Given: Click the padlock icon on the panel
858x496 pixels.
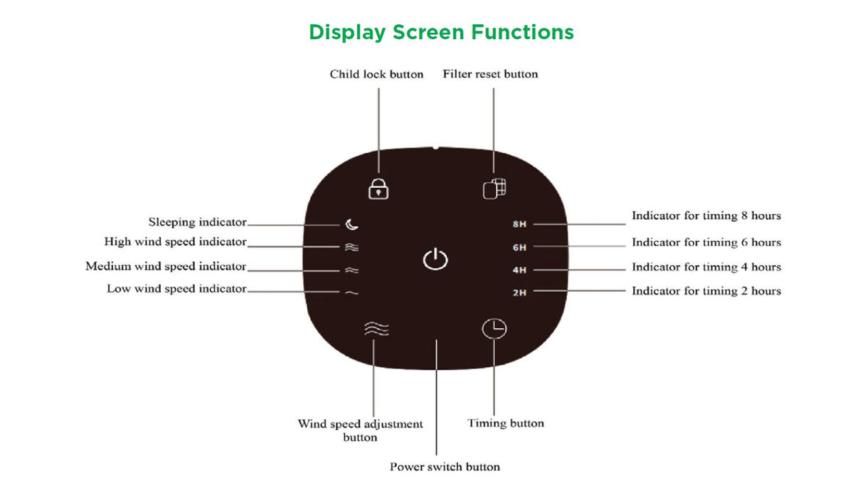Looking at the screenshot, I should (378, 189).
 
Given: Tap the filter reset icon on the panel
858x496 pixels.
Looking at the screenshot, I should (494, 189).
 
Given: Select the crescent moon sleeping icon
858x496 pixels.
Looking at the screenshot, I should (352, 225).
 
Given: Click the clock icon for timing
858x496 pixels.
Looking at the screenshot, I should (494, 329).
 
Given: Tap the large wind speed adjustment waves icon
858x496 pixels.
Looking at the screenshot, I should (376, 329).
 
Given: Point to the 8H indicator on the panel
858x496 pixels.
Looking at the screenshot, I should (519, 224).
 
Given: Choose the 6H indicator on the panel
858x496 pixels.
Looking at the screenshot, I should (519, 247).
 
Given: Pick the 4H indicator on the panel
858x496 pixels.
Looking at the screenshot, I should (519, 270).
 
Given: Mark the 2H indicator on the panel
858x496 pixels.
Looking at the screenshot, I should (519, 292).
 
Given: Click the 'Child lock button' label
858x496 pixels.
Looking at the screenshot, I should (376, 74).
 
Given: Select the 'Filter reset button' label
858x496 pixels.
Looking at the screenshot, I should (490, 74).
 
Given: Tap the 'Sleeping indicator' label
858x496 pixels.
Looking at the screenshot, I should (198, 222).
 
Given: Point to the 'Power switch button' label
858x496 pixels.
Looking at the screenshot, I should (445, 467).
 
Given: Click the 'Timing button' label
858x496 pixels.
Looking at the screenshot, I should (506, 423).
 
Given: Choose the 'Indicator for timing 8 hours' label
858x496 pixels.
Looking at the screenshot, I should (706, 215).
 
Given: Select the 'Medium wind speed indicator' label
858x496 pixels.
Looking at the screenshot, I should (166, 266).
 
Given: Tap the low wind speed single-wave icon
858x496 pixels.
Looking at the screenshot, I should (351, 292).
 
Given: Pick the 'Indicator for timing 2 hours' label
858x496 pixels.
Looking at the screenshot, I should (706, 290).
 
